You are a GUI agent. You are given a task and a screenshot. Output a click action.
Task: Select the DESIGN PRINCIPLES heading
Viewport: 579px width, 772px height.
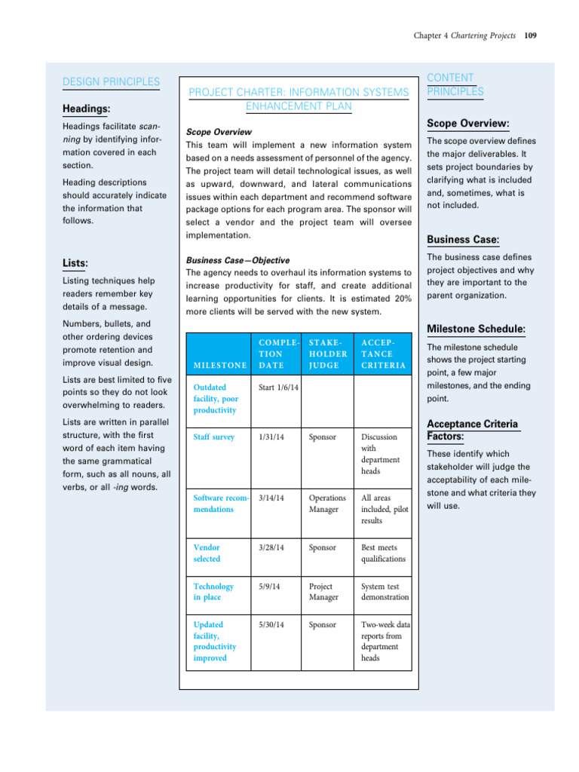110,81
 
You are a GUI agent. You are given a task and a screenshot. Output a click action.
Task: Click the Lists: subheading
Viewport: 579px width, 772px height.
75,263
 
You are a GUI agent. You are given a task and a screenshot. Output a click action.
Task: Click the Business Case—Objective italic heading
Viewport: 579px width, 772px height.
227,260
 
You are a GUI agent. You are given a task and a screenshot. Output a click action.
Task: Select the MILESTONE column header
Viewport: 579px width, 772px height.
219,365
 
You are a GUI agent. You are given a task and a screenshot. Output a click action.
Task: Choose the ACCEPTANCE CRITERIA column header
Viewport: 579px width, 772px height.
383,353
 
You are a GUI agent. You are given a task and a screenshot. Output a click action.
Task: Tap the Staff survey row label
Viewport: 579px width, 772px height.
214,437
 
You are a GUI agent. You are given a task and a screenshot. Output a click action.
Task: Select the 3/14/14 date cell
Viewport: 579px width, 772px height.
271,498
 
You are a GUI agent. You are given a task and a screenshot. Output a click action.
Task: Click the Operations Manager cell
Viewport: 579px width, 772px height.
327,504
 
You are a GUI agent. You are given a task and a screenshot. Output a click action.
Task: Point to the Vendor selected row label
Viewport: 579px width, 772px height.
207,553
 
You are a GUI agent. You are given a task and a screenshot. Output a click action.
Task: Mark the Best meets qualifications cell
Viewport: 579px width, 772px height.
383,553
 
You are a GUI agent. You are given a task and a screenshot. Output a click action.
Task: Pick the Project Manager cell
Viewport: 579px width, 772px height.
324,592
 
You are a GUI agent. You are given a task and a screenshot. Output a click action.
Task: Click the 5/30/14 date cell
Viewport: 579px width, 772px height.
271,624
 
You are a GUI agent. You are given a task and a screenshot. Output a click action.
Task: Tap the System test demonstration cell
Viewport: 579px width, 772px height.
384,592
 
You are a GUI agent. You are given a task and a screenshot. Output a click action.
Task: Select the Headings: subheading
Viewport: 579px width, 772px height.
86,109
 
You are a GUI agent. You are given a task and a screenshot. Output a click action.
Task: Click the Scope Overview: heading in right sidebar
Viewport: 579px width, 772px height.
468,123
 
